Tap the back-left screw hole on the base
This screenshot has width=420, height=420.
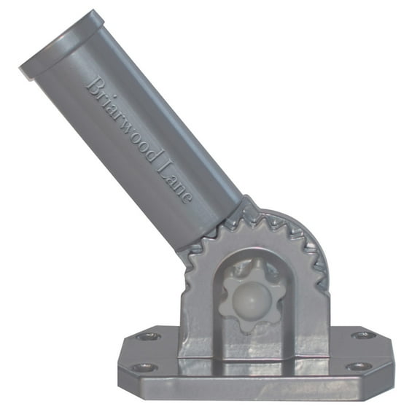[x=149, y=336]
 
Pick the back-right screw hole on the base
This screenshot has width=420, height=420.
[x=362, y=335]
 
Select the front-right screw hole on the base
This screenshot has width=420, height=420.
[x=358, y=365]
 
